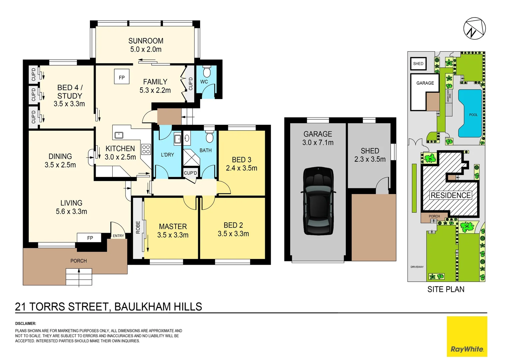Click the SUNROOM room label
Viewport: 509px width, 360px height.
(146, 41)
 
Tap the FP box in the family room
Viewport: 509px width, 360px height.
(122, 77)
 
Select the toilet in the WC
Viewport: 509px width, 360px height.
(207, 72)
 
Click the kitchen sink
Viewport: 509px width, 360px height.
(119, 135)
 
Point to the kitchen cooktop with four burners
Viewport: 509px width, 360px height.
(146, 149)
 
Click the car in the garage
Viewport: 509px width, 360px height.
(318, 201)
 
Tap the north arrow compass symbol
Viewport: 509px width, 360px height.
(474, 29)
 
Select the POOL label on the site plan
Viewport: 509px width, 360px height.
(473, 115)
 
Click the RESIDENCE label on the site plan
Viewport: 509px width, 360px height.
(451, 195)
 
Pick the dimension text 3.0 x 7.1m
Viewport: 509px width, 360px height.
(318, 143)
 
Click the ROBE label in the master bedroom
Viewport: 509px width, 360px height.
(138, 227)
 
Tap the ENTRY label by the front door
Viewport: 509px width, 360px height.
(118, 236)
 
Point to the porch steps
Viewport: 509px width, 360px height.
(79, 277)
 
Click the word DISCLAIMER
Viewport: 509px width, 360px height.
(26, 323)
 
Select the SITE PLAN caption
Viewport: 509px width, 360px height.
(446, 289)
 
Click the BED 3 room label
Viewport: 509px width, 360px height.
(242, 160)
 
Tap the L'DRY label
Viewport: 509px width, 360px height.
(167, 155)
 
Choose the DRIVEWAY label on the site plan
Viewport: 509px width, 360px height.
(417, 267)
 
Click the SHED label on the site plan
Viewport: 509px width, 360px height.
(418, 64)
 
